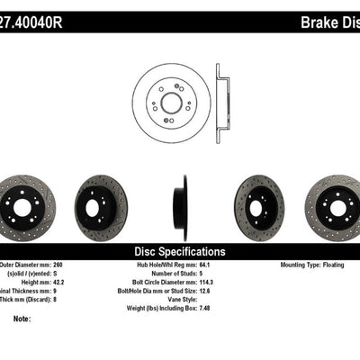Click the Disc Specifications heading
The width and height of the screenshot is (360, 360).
click(180, 252)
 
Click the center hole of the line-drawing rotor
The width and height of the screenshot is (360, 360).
click(171, 103)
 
